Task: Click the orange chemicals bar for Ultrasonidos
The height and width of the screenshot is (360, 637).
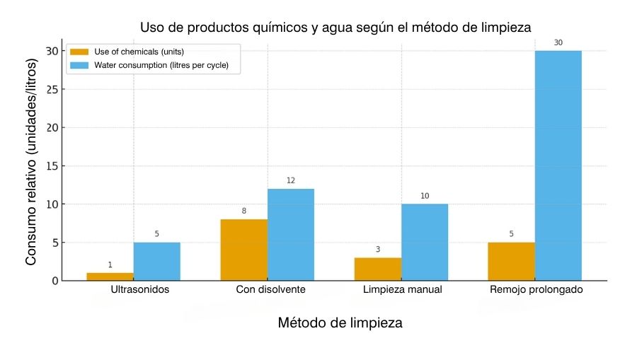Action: point(110,277)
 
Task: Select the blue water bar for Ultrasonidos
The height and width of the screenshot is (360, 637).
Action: point(156,262)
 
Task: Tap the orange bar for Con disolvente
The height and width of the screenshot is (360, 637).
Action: point(243,250)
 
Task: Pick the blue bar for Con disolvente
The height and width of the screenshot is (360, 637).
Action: point(290,235)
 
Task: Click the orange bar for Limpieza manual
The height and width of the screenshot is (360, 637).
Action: point(377,269)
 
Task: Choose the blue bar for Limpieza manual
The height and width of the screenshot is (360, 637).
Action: point(424,243)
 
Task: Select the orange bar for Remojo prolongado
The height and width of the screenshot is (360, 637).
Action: point(511,262)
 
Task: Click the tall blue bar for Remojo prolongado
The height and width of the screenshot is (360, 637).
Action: point(558,166)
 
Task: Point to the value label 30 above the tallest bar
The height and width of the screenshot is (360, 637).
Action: point(558,43)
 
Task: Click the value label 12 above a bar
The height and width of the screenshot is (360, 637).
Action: point(290,181)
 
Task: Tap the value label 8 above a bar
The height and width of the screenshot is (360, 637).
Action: point(243,211)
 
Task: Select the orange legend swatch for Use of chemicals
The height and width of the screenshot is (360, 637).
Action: point(79,52)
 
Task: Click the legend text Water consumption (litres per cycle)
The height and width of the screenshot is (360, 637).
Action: point(166,66)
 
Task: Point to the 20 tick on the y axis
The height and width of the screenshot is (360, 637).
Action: point(52,128)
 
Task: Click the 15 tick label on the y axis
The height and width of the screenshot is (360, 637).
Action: point(52,166)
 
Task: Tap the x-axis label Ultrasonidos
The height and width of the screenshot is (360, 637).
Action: point(140,290)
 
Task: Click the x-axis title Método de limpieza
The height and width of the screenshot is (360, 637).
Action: point(340,323)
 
